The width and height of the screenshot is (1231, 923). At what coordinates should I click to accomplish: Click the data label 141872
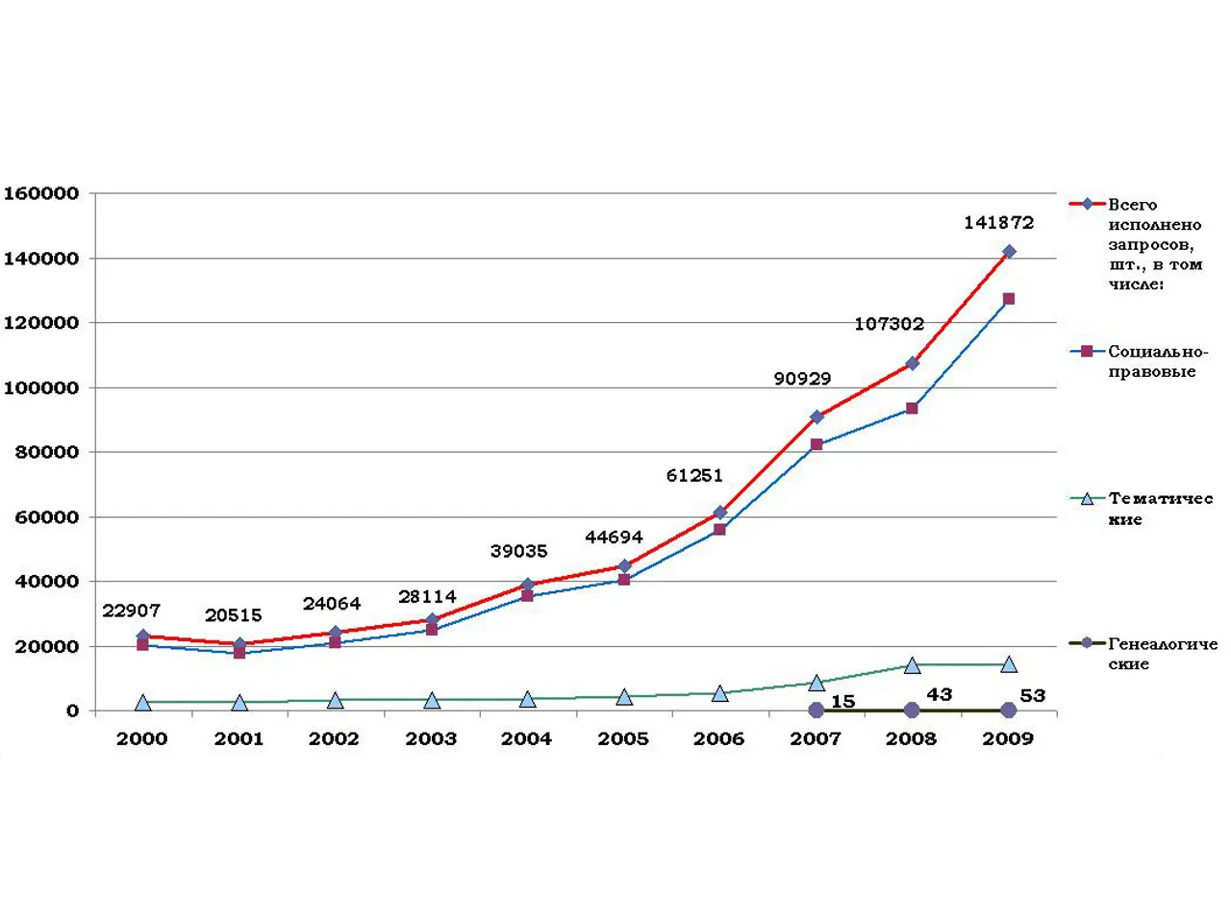tap(998, 222)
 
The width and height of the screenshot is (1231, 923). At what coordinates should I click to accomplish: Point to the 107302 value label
tap(889, 324)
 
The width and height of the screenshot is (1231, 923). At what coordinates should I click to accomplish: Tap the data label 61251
tap(694, 475)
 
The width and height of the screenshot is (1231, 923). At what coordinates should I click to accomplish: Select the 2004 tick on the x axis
tap(526, 738)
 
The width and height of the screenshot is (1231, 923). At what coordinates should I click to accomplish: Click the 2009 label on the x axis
tap(1007, 738)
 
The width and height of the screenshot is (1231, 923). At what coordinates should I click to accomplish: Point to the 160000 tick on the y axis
tap(41, 193)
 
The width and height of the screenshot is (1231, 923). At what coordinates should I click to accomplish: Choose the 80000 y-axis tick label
tap(46, 452)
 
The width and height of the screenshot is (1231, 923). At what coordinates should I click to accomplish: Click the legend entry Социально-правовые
tap(1157, 362)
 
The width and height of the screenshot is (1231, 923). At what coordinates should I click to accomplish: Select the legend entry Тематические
tap(1160, 509)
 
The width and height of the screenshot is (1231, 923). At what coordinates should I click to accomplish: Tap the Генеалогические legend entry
tap(1162, 654)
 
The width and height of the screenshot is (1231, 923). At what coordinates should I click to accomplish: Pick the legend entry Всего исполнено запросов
tap(1154, 244)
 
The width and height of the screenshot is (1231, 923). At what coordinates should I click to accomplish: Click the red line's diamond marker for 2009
tap(1008, 252)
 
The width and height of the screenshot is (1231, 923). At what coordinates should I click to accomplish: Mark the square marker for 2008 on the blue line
tap(912, 409)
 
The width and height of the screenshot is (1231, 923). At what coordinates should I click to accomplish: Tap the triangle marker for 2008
tap(912, 664)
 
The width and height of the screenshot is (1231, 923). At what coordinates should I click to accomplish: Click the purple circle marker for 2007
tap(816, 710)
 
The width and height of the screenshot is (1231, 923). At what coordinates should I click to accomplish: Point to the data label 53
tap(1032, 695)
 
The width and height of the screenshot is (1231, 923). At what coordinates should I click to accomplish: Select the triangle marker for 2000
tap(143, 703)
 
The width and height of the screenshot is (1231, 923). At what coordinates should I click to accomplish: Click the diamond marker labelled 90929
tap(816, 417)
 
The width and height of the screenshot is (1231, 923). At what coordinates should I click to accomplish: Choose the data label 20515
tap(233, 615)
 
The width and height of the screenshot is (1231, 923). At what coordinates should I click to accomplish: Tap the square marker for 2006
tap(719, 530)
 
